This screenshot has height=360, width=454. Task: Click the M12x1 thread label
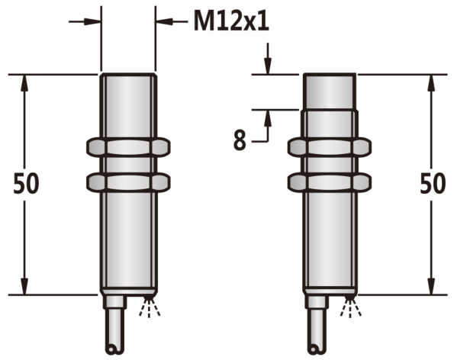point(231,21)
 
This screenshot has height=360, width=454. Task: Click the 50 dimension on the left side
point(26,184)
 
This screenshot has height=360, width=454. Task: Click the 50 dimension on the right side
point(433,184)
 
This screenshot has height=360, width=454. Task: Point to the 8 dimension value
point(240,140)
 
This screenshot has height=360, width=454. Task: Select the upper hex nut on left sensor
point(128,147)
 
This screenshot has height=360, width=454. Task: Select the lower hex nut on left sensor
point(128,182)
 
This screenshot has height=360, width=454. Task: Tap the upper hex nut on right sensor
point(330,147)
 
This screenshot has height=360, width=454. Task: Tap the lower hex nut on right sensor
point(330,182)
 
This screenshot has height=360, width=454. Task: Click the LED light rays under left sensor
point(150,307)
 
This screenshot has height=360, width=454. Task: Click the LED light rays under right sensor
point(351,307)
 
